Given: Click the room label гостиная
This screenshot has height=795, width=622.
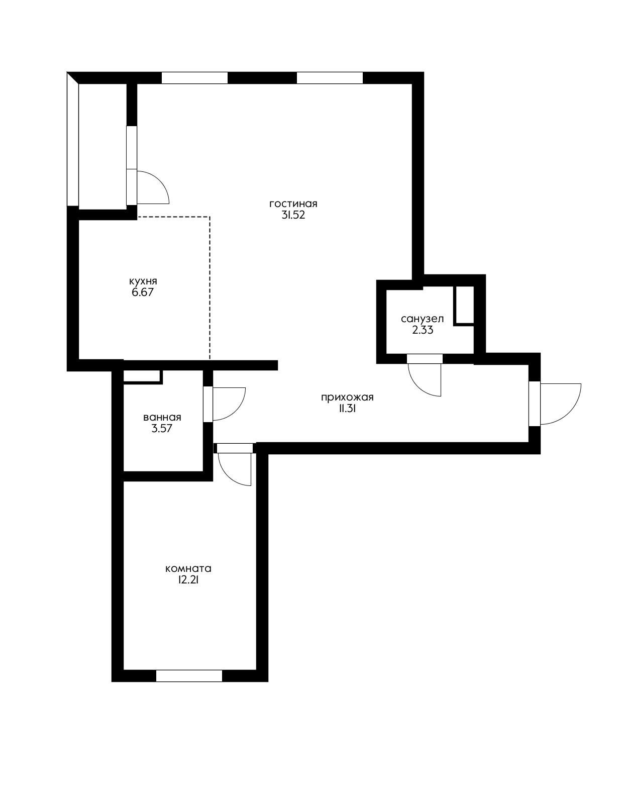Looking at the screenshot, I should click(x=293, y=204).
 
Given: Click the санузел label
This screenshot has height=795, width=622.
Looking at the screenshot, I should click(x=422, y=319).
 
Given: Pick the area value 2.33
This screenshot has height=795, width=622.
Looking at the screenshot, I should click(x=422, y=330).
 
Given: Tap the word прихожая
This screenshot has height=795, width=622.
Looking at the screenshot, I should click(x=347, y=397).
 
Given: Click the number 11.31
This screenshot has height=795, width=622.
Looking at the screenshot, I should click(x=347, y=409).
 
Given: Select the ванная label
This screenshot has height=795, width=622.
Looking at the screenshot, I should click(x=162, y=418).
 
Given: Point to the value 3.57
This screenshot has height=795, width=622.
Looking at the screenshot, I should click(x=162, y=429).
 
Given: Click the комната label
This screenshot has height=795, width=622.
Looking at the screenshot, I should click(x=188, y=569).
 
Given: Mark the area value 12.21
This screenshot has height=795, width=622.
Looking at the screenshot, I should click(x=188, y=580).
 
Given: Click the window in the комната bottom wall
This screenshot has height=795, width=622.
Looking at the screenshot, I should click(x=189, y=676).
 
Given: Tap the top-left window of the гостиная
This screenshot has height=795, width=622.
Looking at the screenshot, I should click(x=194, y=78).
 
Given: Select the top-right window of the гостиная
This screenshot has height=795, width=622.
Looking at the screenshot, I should click(x=330, y=78).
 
